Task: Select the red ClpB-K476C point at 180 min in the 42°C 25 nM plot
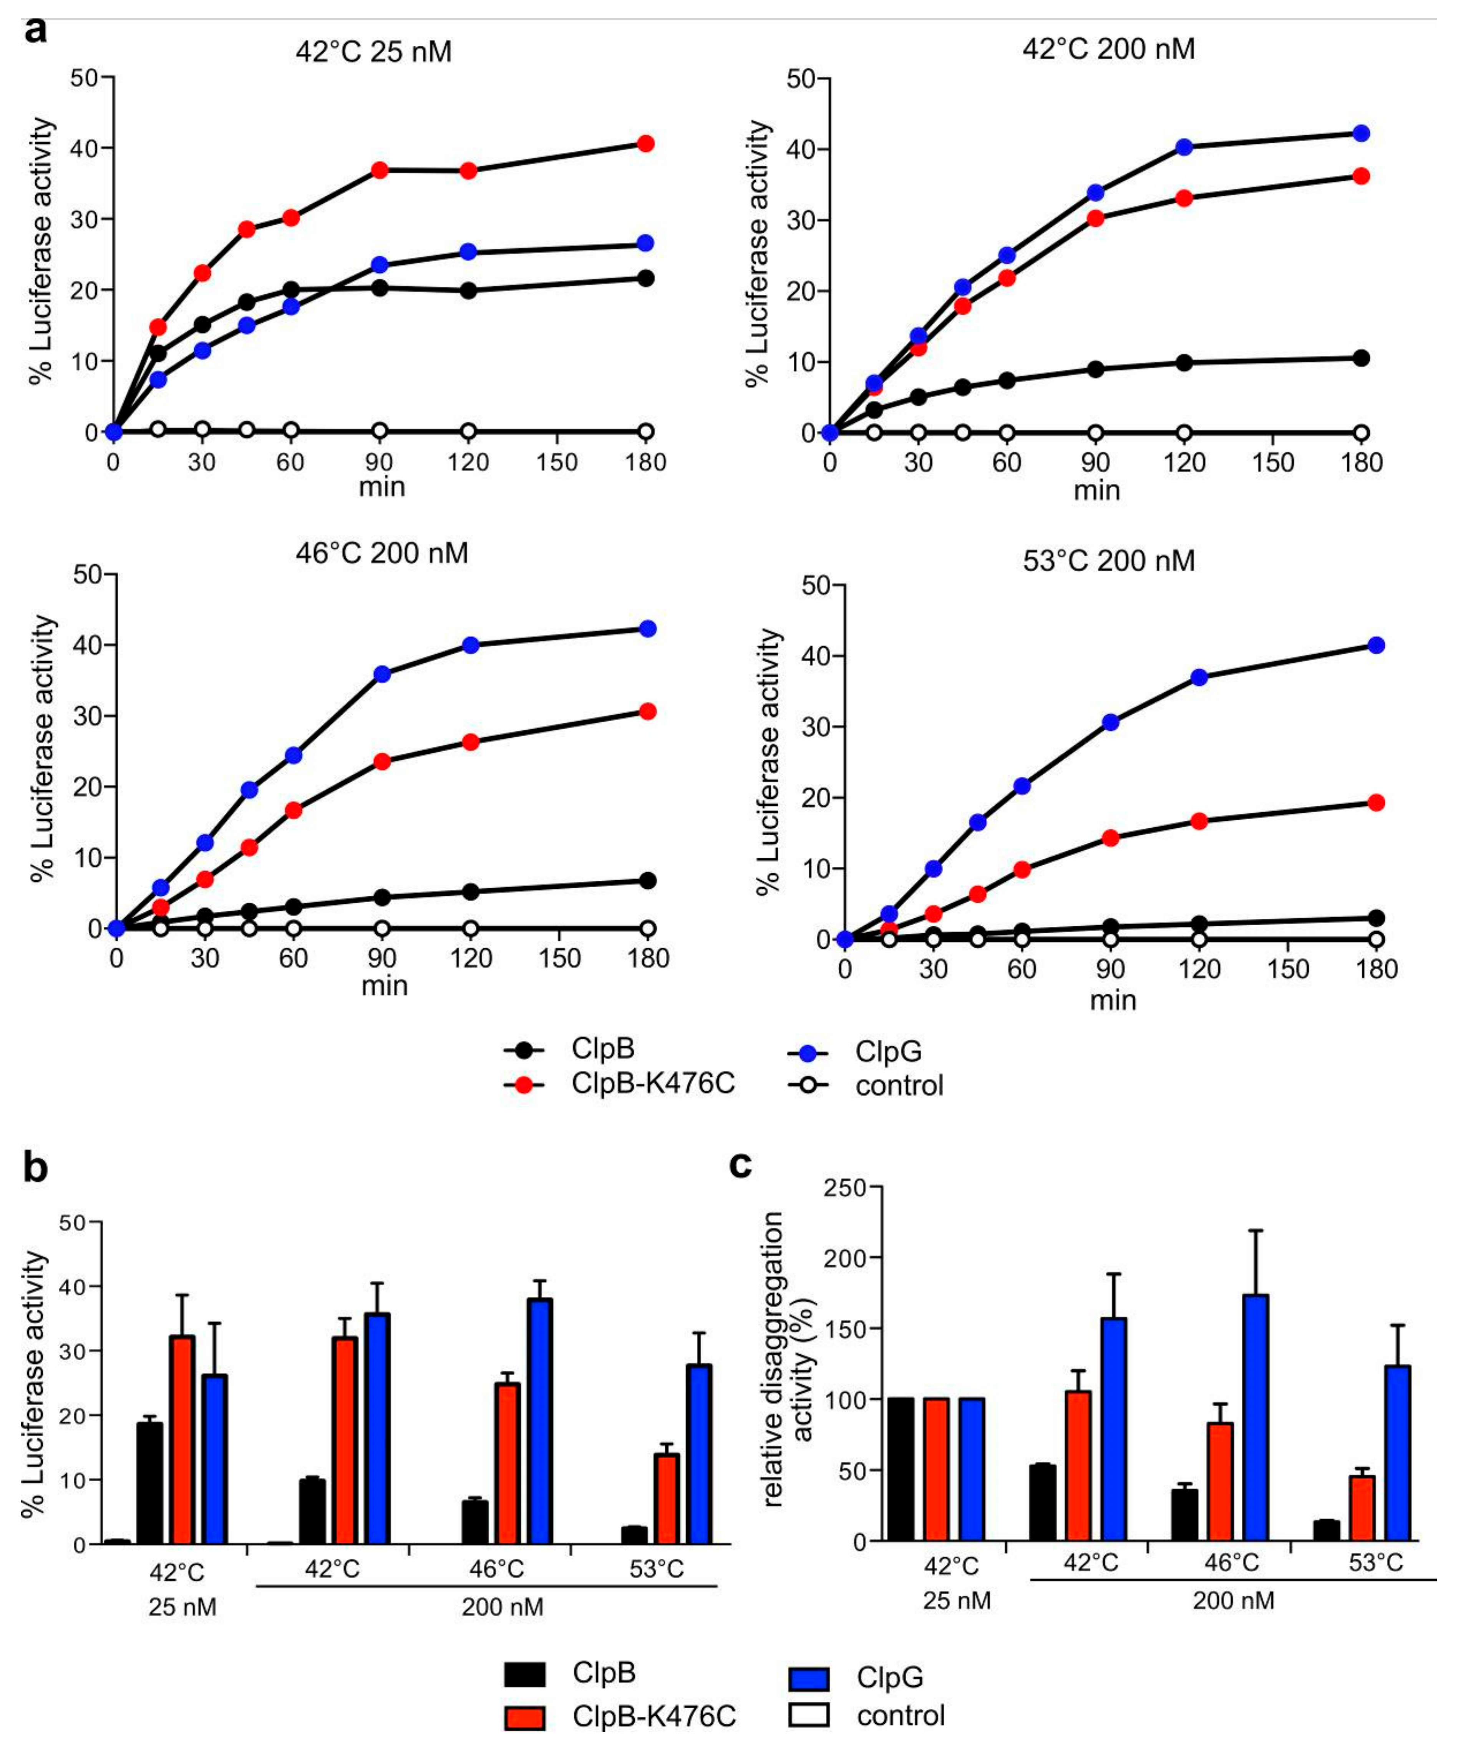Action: (x=646, y=143)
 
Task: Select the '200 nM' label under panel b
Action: (x=502, y=1607)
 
